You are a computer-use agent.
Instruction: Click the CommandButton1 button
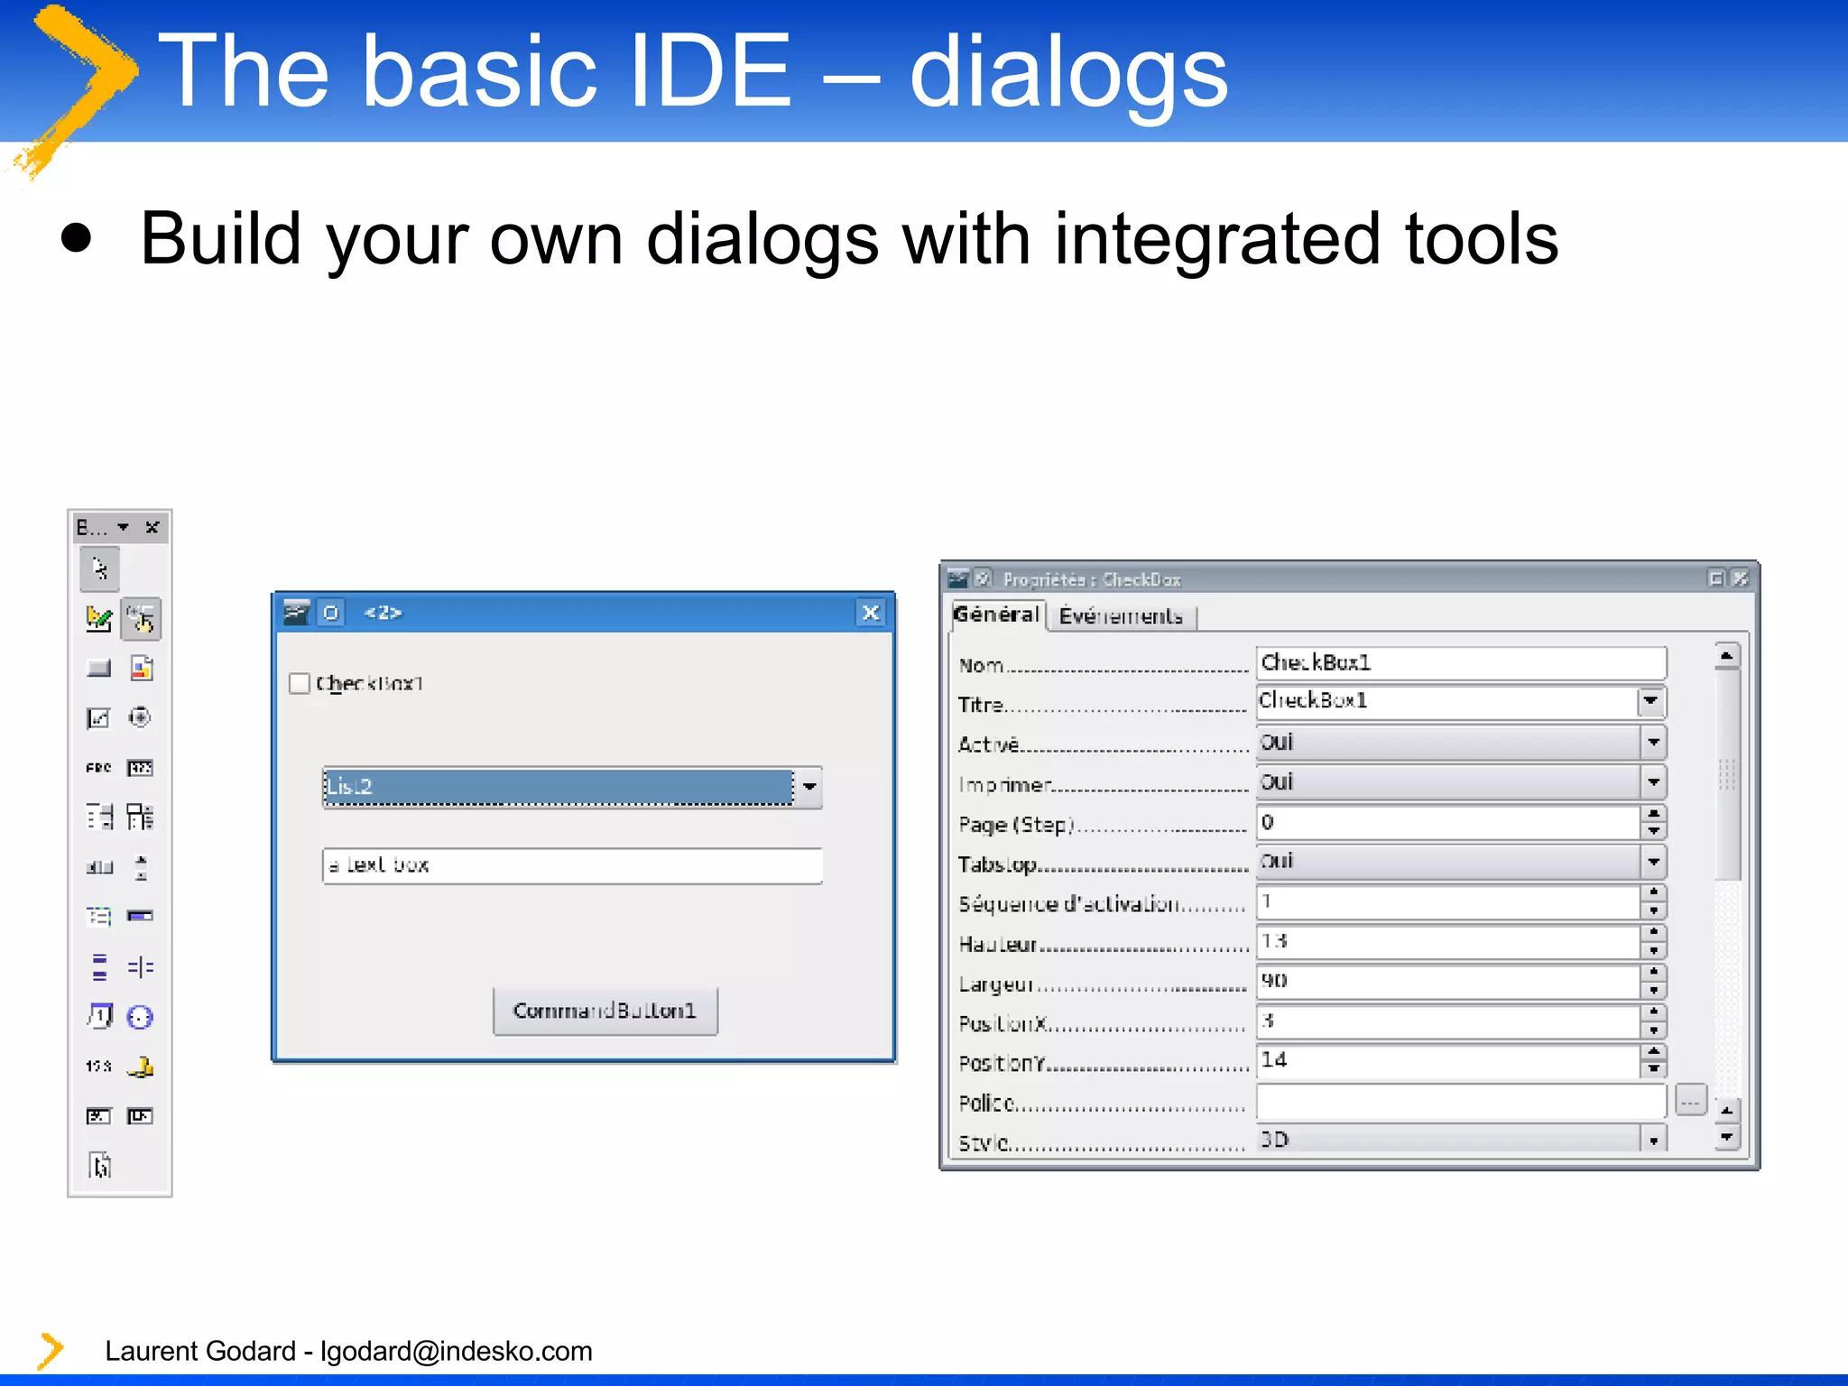pyautogui.click(x=605, y=1011)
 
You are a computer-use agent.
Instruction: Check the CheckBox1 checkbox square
pyautogui.click(x=300, y=683)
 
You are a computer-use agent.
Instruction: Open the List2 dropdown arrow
pyautogui.click(x=809, y=787)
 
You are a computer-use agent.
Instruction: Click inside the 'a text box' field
pyautogui.click(x=572, y=865)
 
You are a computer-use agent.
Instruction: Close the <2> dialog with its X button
pyautogui.click(x=871, y=614)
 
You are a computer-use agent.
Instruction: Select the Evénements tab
pyautogui.click(x=1121, y=616)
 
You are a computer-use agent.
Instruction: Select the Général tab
pyautogui.click(x=996, y=614)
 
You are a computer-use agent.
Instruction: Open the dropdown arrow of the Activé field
pyautogui.click(x=1653, y=743)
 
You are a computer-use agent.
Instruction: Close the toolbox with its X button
pyautogui.click(x=152, y=527)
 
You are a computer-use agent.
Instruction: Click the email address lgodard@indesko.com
pyautogui.click(x=456, y=1351)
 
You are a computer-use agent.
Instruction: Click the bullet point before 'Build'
pyautogui.click(x=77, y=239)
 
